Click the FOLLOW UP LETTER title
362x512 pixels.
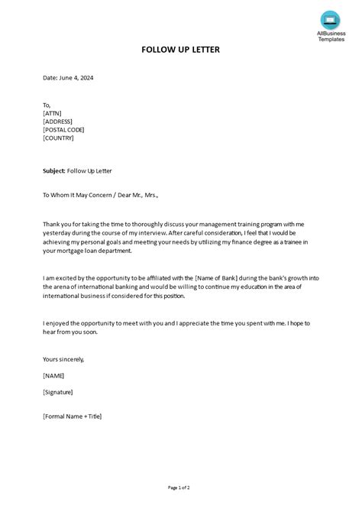(x=180, y=50)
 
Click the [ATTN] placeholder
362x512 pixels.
(x=53, y=113)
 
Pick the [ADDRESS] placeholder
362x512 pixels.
(x=60, y=122)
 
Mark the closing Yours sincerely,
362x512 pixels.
(x=63, y=358)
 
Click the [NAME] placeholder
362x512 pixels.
(x=53, y=375)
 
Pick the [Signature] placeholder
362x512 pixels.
(x=59, y=392)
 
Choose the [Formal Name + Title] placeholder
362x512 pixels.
(x=73, y=416)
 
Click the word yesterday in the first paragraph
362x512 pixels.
(x=58, y=233)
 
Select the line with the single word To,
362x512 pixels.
(x=47, y=105)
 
